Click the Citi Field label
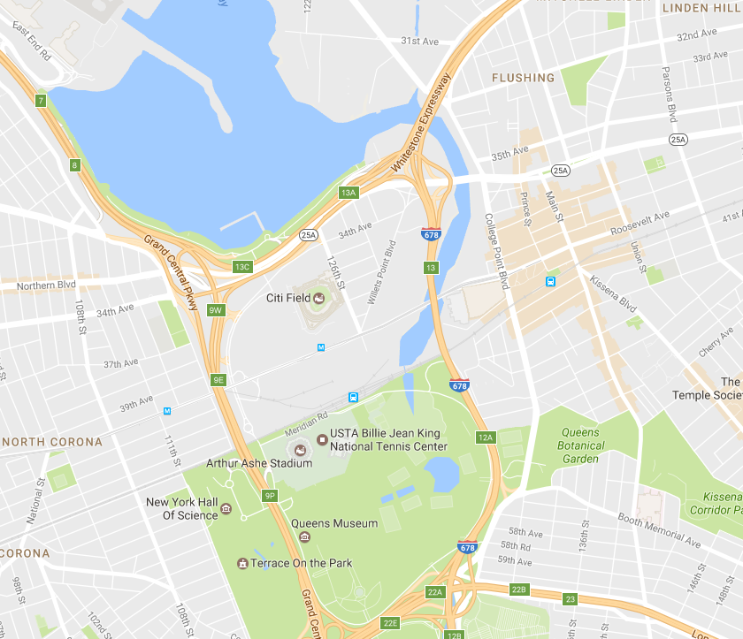pos(287,298)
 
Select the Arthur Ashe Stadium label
pos(247,462)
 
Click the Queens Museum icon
pos(304,536)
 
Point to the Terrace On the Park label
pos(302,563)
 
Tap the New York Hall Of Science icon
pos(226,508)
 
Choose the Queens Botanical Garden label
pos(580,445)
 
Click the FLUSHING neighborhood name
pos(524,78)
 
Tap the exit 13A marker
pos(348,192)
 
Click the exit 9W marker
pos(216,310)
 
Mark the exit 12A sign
pos(486,437)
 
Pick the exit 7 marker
pos(41,100)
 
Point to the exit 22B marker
pos(518,589)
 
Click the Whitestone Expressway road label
pos(422,122)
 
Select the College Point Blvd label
pos(495,253)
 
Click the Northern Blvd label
pos(47,285)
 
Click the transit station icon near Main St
pos(550,282)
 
